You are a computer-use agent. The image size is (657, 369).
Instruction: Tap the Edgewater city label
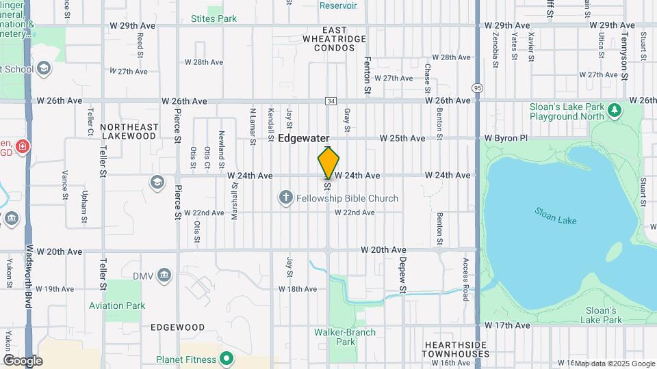point(304,138)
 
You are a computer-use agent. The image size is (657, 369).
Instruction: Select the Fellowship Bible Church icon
point(286,198)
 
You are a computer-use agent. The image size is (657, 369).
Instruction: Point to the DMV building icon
point(164,275)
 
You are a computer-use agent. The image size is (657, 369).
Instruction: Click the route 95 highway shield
point(476,87)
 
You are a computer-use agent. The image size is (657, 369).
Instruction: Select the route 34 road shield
point(331,100)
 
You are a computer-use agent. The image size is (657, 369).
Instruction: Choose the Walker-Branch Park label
point(345,337)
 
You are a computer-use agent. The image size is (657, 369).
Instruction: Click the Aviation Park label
point(117,305)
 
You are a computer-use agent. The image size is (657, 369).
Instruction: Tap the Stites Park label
point(214,18)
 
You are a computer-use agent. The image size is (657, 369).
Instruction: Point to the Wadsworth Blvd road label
point(29,277)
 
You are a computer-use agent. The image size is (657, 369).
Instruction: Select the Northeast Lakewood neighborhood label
point(129,131)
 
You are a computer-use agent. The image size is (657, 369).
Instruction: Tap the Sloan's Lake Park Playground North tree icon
point(615,109)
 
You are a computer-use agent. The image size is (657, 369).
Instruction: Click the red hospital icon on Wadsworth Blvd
point(23,146)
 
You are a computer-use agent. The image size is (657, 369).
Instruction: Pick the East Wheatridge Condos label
point(335,39)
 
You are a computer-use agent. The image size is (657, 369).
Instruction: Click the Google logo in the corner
point(23,360)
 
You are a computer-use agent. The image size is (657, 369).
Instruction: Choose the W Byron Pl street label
point(506,138)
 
